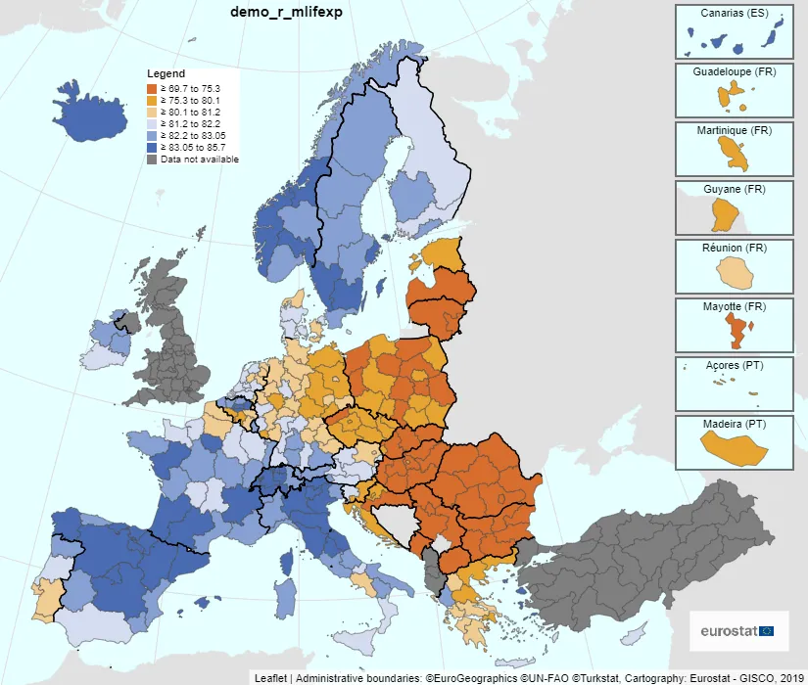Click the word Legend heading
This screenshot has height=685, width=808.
166,74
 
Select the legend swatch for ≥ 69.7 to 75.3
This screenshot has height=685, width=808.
153,88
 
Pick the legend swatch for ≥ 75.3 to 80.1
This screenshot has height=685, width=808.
153,100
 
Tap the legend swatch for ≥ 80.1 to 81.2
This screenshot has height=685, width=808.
153,112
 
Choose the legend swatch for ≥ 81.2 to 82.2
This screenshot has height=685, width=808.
153,123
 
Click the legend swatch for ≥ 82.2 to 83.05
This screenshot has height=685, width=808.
153,135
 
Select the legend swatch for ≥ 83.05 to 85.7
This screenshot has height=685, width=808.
153,147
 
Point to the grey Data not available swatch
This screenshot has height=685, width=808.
153,159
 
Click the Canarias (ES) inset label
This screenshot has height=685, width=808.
734,14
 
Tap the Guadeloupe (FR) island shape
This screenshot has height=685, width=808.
727,96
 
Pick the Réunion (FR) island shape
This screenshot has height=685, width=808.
733,271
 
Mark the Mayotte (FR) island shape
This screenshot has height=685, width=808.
734,328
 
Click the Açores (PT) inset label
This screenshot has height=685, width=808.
734,366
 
